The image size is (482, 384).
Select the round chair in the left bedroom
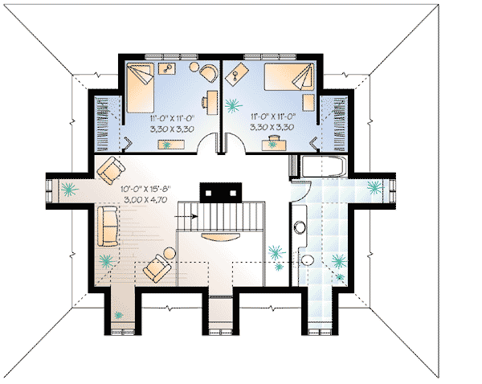[208, 73]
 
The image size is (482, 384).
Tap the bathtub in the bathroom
[322, 169]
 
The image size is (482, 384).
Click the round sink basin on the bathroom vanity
[300, 227]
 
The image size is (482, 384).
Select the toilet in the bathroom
[308, 261]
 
